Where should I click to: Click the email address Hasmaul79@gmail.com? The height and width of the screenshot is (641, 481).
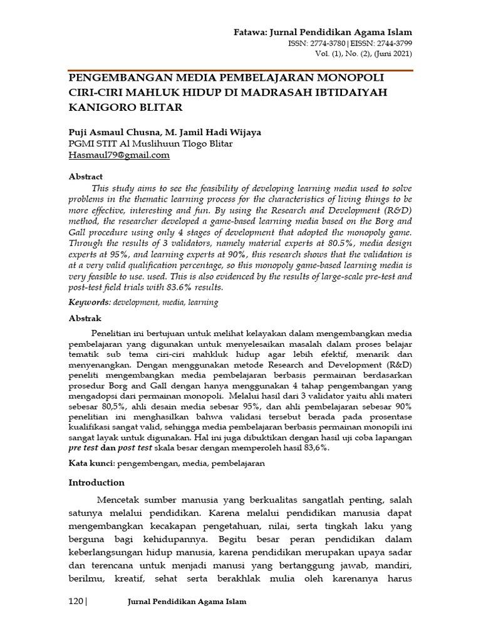[x=119, y=155]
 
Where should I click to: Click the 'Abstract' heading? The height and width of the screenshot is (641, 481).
[x=85, y=177]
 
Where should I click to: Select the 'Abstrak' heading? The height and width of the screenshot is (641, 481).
[x=85, y=318]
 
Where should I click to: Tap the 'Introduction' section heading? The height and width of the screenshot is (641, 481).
[x=96, y=482]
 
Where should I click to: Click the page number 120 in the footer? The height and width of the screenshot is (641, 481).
[x=75, y=602]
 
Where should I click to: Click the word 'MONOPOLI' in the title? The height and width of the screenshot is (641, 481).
[x=344, y=78]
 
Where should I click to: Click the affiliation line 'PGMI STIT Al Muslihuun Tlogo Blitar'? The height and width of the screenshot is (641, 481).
[x=141, y=143]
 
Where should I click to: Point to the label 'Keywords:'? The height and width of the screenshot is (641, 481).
[x=90, y=302]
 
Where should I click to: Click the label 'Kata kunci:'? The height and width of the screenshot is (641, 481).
[x=91, y=463]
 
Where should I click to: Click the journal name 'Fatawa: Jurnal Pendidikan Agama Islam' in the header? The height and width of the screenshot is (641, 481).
[x=323, y=32]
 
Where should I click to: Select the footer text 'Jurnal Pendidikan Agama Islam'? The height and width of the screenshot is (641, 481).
[x=187, y=602]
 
